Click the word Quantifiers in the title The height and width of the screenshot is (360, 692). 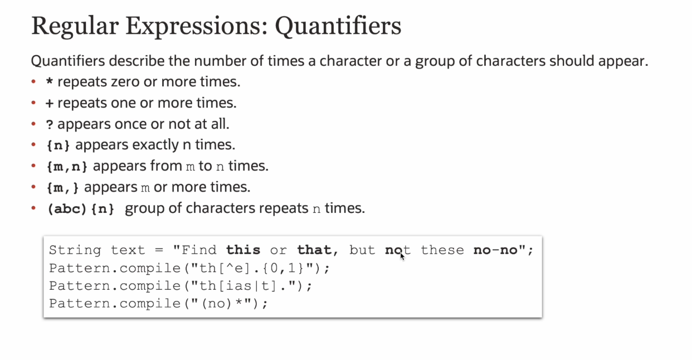click(x=338, y=27)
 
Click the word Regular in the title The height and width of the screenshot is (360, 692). click(x=75, y=27)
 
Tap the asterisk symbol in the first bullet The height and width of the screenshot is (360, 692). click(x=50, y=81)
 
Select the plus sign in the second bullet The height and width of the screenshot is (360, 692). click(x=50, y=103)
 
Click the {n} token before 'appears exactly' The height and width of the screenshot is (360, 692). click(x=58, y=145)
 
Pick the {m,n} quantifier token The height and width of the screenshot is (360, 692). click(x=67, y=167)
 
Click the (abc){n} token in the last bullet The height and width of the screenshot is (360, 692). click(x=81, y=209)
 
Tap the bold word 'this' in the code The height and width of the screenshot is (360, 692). click(x=243, y=250)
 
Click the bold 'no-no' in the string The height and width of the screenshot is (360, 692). click(x=495, y=250)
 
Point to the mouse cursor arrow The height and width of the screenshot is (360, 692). click(x=402, y=257)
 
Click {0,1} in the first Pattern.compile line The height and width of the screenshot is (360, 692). click(x=283, y=268)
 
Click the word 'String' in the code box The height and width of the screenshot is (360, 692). click(x=75, y=250)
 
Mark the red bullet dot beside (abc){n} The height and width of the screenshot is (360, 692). click(x=33, y=208)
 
